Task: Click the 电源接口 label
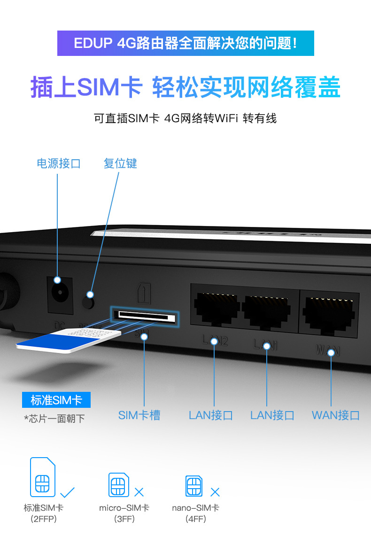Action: (59, 164)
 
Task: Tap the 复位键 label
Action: (120, 164)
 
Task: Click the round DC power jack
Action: (59, 295)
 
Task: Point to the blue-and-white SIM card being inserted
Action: (68, 341)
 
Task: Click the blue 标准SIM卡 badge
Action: (56, 400)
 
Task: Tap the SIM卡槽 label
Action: (139, 415)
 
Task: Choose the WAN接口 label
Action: (336, 415)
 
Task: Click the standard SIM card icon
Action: (43, 477)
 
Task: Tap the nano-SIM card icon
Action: (194, 486)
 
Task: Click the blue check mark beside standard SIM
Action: (68, 492)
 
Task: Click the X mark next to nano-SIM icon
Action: (215, 492)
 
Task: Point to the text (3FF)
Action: (124, 519)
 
